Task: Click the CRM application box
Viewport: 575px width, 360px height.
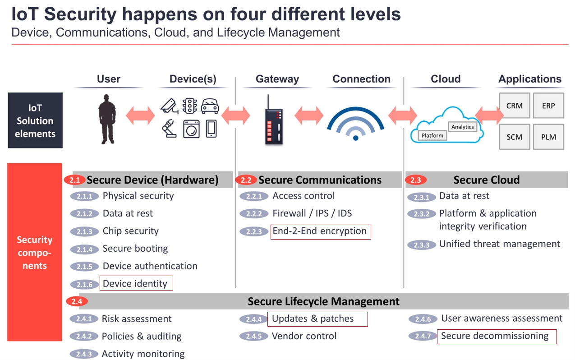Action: (x=515, y=106)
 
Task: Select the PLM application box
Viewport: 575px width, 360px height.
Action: (x=548, y=137)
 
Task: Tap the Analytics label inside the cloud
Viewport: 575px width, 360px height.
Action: (x=463, y=127)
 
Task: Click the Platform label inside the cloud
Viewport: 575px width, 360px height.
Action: (x=432, y=135)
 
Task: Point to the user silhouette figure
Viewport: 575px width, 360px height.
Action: (x=107, y=119)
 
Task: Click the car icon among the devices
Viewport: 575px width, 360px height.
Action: (x=210, y=106)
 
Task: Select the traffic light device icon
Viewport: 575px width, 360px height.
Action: (x=190, y=106)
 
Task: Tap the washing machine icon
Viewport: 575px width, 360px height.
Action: (x=191, y=129)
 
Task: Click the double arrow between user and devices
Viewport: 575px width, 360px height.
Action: (x=140, y=115)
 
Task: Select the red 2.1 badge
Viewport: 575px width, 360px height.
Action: (x=75, y=180)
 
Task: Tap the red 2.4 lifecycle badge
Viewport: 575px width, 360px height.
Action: (x=77, y=301)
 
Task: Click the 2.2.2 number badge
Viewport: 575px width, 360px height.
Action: (x=254, y=214)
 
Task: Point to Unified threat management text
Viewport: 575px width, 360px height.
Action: (x=500, y=244)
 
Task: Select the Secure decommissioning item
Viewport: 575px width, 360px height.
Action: (x=497, y=337)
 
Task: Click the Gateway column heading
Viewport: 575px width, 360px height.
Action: (x=277, y=79)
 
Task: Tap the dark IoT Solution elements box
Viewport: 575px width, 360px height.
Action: (x=35, y=120)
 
